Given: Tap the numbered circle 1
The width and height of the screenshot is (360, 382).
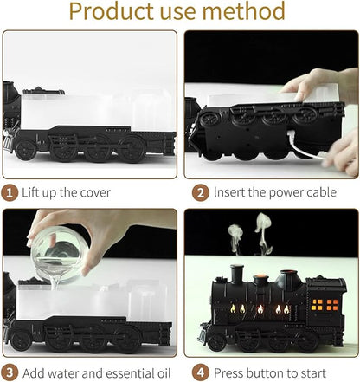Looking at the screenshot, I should point(10,191).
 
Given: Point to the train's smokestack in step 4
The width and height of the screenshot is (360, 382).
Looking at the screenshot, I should point(237,275).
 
